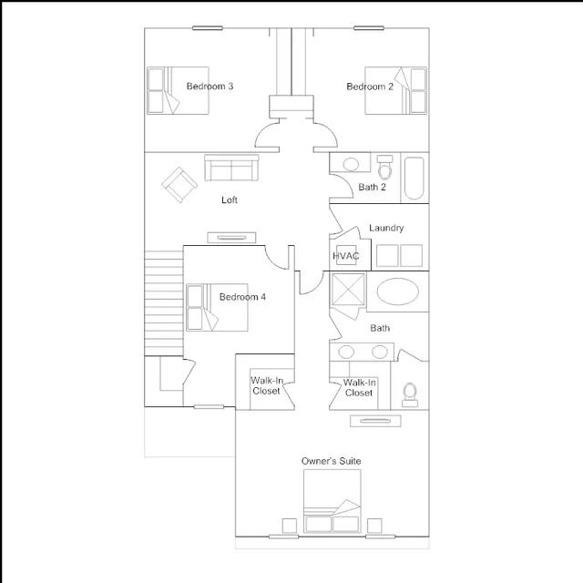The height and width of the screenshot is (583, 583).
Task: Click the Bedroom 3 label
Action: coord(210,87)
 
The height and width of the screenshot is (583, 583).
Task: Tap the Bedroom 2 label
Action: coord(370,87)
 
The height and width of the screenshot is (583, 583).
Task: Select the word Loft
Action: coord(230,200)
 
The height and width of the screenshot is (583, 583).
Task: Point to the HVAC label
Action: coord(346,256)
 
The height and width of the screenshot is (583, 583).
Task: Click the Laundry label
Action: coord(386,228)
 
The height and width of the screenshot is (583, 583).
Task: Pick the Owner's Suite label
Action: coord(331,461)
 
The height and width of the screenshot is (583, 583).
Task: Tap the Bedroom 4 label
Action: coord(242,297)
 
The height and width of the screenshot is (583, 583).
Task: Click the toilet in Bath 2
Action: coord(384,168)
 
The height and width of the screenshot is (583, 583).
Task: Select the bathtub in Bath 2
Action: coord(414,179)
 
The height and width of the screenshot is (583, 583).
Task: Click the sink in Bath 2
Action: coord(351,164)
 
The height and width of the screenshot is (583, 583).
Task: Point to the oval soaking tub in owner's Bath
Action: coord(398,291)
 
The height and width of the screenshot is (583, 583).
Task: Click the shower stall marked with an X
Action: coord(348,290)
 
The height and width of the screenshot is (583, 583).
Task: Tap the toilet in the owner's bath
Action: coord(410,394)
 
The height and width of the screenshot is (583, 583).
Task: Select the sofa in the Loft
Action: coord(231,168)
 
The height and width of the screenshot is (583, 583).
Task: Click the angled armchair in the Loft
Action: coord(179,184)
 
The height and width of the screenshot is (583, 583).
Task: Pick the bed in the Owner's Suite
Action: coord(332,501)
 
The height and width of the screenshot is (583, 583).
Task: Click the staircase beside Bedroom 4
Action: coord(164,303)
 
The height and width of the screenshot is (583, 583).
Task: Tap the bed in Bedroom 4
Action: coord(217,308)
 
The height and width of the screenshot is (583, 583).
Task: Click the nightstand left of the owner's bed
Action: coord(290,526)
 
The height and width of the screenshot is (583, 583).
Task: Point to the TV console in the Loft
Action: coord(231,238)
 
